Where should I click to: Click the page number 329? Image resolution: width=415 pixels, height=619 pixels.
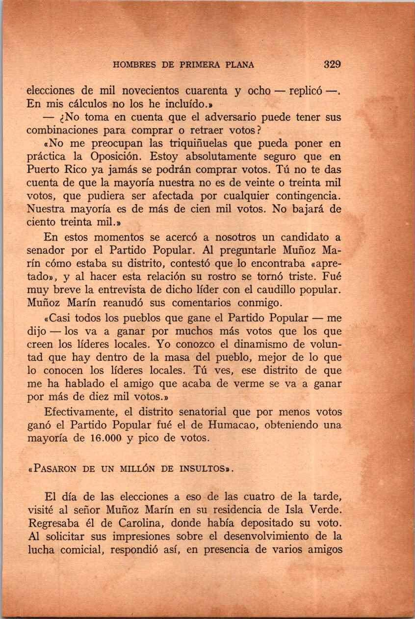click(x=332, y=64)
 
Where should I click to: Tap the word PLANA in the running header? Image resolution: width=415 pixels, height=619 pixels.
click(x=240, y=65)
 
